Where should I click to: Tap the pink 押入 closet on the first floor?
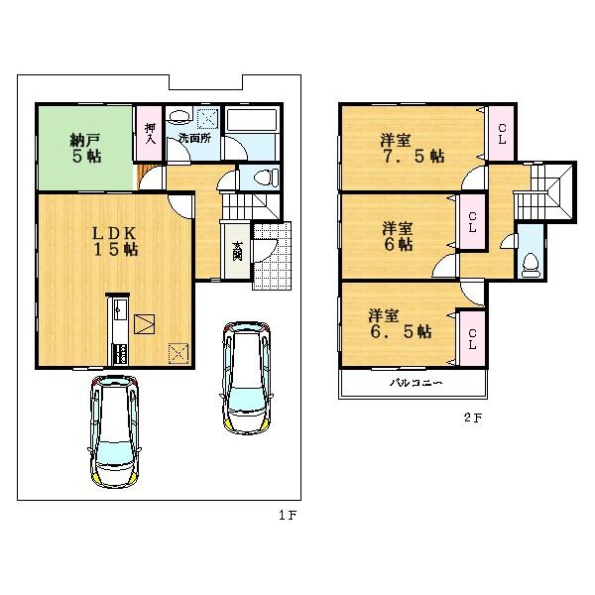point(149,133)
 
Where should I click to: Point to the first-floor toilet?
point(263,178)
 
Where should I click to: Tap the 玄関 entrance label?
point(238,251)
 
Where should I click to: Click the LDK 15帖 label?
point(115,241)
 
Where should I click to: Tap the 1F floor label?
point(288,516)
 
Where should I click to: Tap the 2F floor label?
point(471,417)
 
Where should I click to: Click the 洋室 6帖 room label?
point(397,236)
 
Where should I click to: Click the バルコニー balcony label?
point(414,382)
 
